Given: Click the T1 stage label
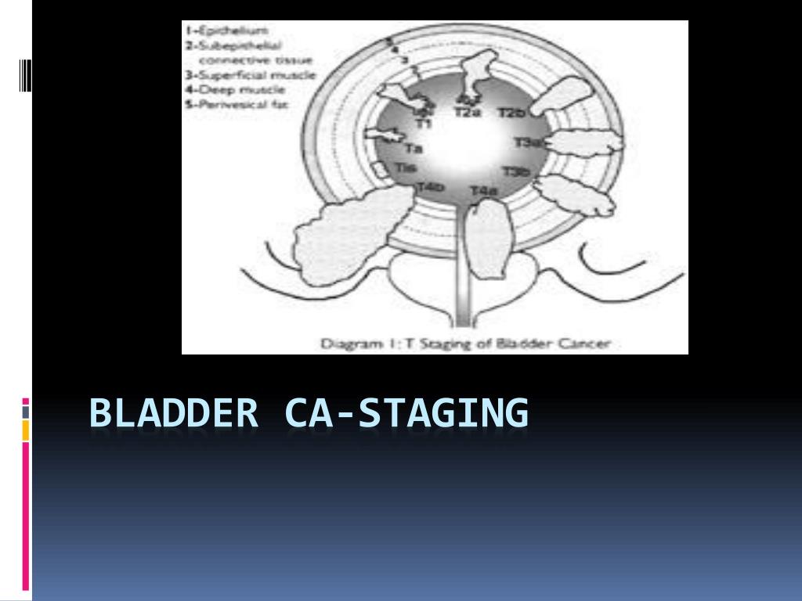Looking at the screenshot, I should pyautogui.click(x=423, y=123).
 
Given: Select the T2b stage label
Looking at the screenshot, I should pyautogui.click(x=511, y=113).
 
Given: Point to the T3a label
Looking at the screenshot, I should pyautogui.click(x=526, y=142).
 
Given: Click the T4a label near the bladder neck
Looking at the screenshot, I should pyautogui.click(x=483, y=190).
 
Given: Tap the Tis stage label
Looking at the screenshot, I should pyautogui.click(x=405, y=167).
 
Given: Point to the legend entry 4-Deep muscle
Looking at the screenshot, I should pyautogui.click(x=227, y=89).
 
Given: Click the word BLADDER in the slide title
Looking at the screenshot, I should pyautogui.click(x=173, y=413).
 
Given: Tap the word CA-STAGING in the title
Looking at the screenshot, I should pyautogui.click(x=406, y=413).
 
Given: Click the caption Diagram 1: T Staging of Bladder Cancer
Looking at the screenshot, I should pyautogui.click(x=465, y=343).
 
